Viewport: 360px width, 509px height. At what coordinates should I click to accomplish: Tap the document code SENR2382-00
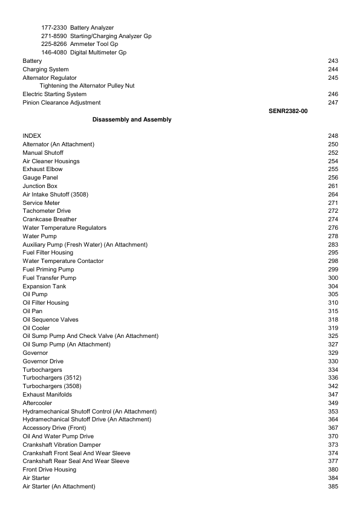(x=288, y=111)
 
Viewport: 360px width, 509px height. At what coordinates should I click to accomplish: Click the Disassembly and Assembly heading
(x=132, y=120)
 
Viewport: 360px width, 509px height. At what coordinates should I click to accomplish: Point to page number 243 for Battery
(x=332, y=61)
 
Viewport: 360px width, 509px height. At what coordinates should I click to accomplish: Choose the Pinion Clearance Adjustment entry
(x=61, y=103)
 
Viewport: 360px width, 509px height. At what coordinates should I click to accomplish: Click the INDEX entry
(x=31, y=136)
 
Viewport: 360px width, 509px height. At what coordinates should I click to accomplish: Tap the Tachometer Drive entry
(x=47, y=211)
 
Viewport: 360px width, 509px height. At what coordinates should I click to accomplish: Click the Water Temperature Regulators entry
(x=64, y=228)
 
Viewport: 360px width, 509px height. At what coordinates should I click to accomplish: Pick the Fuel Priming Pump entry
(x=48, y=270)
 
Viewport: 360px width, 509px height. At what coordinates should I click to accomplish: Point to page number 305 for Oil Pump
(x=332, y=294)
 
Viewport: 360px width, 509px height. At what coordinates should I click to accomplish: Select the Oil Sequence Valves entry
(x=50, y=320)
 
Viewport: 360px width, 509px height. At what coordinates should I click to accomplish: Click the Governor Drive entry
(x=43, y=361)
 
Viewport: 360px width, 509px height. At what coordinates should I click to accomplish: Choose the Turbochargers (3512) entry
(x=51, y=378)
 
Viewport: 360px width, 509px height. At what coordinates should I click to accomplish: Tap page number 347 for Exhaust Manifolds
(x=332, y=395)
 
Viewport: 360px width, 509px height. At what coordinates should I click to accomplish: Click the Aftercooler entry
(x=37, y=403)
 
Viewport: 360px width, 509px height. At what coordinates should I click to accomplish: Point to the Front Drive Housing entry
(x=49, y=470)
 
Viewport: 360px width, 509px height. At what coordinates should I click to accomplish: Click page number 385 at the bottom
(x=332, y=487)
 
